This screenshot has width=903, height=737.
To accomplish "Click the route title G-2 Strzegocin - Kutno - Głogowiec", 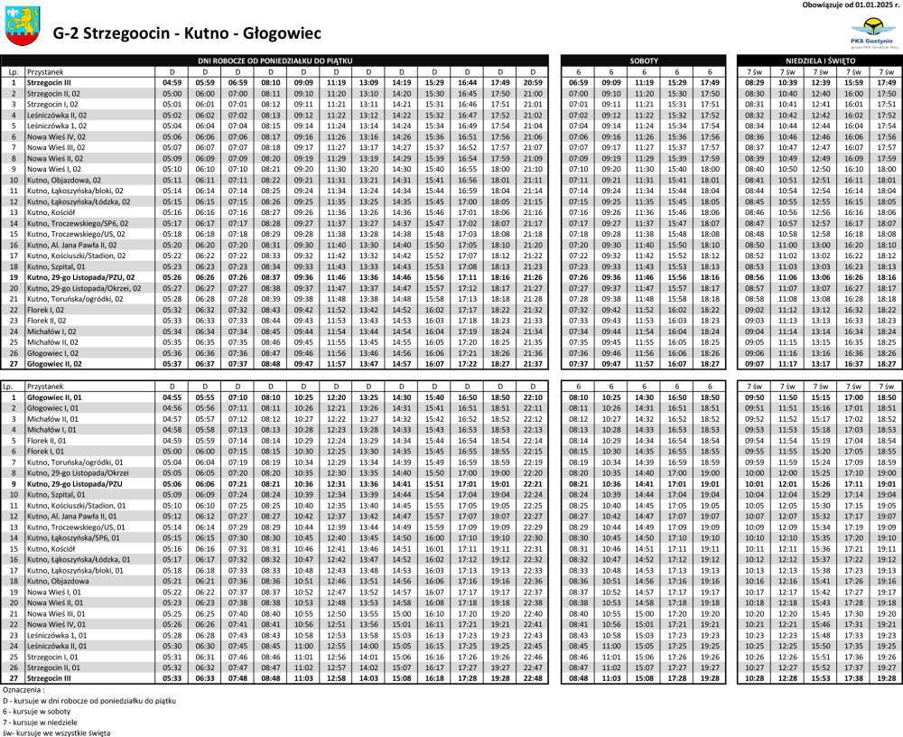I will [187, 33].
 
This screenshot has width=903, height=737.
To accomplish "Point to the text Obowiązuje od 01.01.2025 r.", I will [851, 5].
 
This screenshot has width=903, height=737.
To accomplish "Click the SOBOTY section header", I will [643, 60].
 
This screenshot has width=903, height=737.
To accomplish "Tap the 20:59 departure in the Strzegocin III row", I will [533, 82].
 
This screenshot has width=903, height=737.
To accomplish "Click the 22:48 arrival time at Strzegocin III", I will [533, 677].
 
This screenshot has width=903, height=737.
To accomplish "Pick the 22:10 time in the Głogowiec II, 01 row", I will [533, 396].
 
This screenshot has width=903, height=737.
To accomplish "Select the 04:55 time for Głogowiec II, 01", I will [172, 396].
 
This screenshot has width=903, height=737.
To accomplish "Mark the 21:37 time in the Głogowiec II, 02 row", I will [533, 363].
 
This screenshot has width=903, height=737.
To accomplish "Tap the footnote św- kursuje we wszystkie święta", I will [56, 732].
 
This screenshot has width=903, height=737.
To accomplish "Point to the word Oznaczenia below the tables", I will [24, 689].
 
